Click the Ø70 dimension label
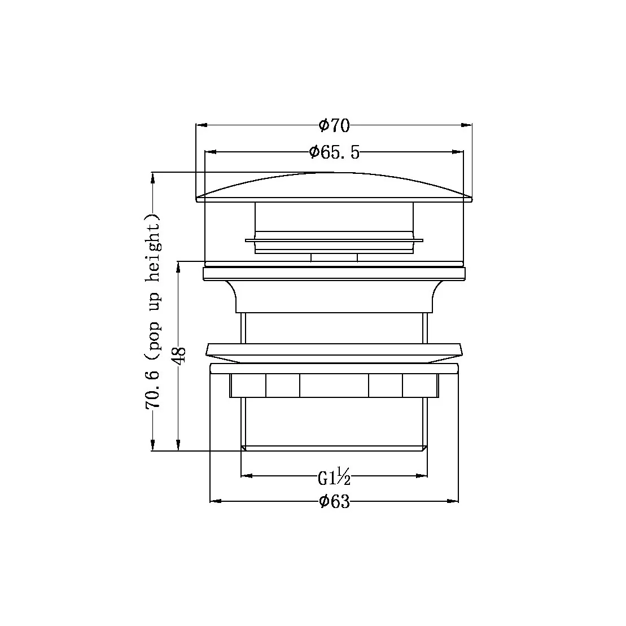334,125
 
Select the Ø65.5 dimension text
334,152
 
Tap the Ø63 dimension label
334,501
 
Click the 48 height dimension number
179,356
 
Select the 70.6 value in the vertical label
152,389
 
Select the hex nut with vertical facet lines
334,385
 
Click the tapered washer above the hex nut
334,352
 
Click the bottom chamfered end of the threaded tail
334,448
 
